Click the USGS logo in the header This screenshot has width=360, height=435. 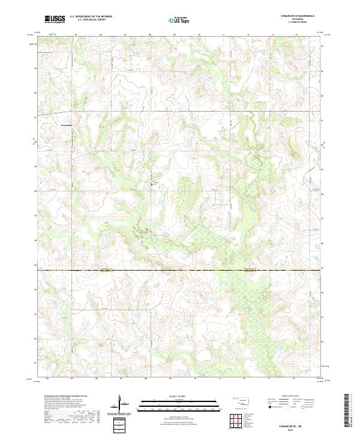coord(55,20)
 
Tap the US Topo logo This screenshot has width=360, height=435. coord(180,20)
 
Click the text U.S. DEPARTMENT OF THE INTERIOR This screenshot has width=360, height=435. coord(91,17)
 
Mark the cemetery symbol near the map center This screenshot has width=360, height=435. coord(151,185)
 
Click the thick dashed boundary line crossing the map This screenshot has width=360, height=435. coord(180,270)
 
